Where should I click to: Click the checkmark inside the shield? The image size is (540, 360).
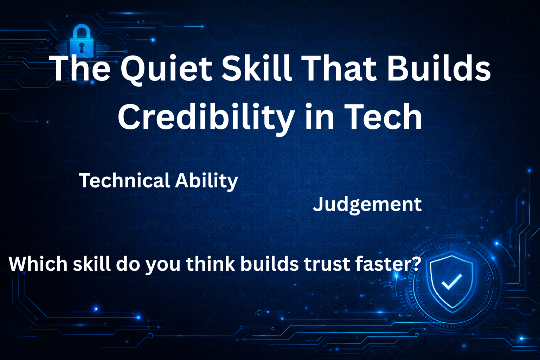(x=451, y=281)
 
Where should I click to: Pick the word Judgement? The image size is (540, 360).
(x=367, y=205)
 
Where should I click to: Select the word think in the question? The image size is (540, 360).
(x=211, y=264)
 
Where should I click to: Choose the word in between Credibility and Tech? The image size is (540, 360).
(x=320, y=116)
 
